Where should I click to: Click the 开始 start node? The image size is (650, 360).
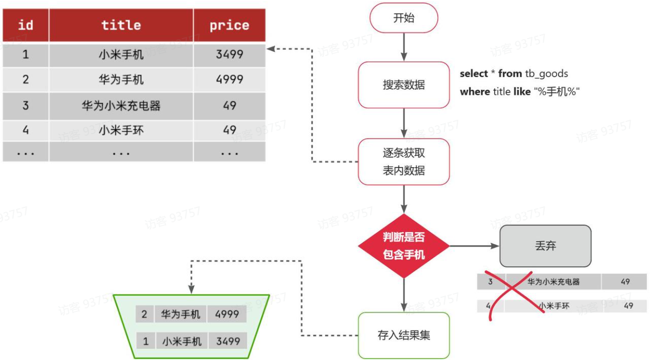click(x=404, y=18)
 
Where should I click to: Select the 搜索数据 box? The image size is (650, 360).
click(x=404, y=85)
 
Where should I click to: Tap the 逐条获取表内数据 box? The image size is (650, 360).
click(x=404, y=162)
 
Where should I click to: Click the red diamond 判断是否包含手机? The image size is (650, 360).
click(x=404, y=246)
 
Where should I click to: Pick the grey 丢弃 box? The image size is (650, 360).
click(x=545, y=246)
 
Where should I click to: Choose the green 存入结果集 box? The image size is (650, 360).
click(x=404, y=335)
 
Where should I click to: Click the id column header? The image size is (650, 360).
click(x=25, y=25)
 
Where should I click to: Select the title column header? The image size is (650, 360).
click(x=121, y=25)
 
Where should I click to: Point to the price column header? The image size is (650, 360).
click(x=229, y=25)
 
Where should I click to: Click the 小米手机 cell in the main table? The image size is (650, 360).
click(x=121, y=54)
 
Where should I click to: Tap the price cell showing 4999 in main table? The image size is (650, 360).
click(x=229, y=80)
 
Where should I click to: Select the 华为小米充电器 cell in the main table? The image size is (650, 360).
click(x=121, y=106)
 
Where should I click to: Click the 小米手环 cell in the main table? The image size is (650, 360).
click(x=121, y=130)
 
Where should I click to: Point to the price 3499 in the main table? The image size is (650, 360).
click(x=229, y=54)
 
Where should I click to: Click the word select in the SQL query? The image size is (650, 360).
click(x=474, y=74)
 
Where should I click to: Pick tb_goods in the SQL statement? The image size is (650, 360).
click(x=547, y=74)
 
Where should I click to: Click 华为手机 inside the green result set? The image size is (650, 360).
click(x=181, y=315)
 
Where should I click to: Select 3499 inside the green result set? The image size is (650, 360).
click(x=228, y=342)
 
